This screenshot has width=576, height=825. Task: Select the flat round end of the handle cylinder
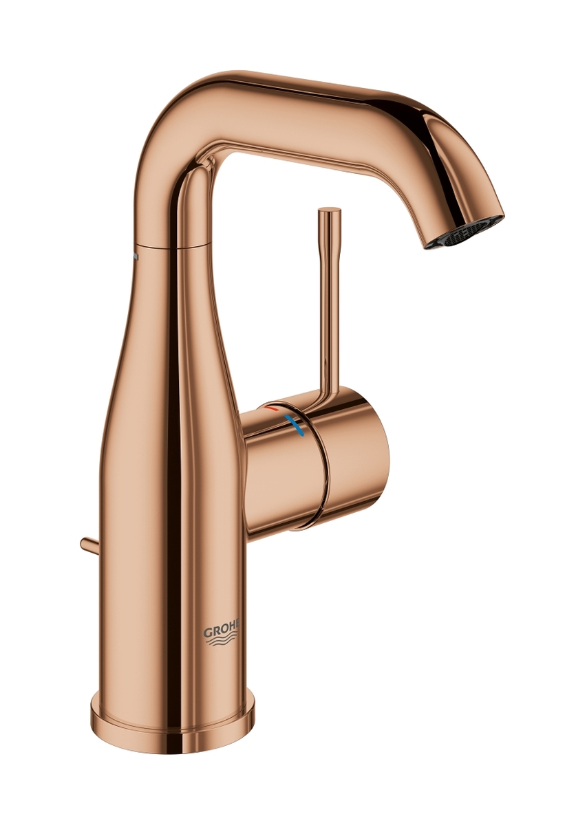pyautogui.click(x=358, y=460)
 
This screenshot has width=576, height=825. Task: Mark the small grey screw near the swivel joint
pyautogui.click(x=136, y=256)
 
